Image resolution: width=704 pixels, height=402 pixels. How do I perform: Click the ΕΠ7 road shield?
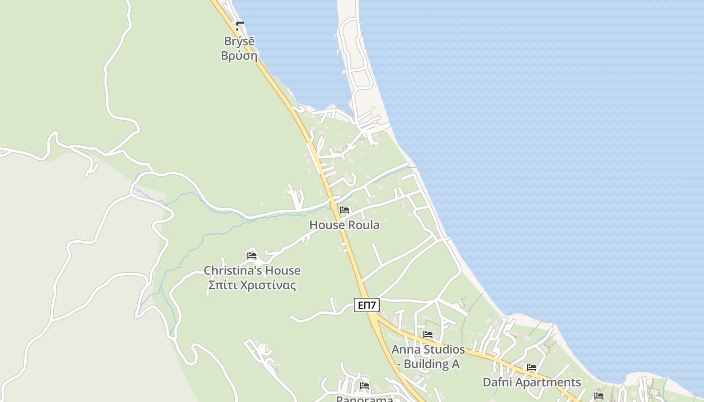(x=367, y=305)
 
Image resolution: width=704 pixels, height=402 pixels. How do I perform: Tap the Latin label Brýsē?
(x=239, y=41)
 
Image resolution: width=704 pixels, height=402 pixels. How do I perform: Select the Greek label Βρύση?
(x=239, y=55)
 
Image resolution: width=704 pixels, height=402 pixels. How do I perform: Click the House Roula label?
(x=344, y=225)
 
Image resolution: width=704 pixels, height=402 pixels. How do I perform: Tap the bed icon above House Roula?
(x=344, y=210)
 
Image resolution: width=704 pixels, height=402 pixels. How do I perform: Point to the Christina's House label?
(x=252, y=270)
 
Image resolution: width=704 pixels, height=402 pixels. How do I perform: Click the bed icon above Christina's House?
(x=252, y=256)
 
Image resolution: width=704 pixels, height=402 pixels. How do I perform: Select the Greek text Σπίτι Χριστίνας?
(x=252, y=285)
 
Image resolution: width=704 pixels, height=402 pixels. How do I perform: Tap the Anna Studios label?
(x=428, y=349)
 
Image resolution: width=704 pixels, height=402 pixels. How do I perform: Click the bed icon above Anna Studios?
(x=428, y=335)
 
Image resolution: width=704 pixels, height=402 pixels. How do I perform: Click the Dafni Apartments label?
(x=532, y=382)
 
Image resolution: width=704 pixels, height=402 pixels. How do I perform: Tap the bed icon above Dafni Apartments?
(x=532, y=367)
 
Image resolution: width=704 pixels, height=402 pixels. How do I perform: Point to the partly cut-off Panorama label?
(x=365, y=398)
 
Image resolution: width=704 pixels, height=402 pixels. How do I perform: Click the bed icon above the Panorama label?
(x=365, y=386)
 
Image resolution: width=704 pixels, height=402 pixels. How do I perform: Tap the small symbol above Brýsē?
(x=240, y=26)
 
